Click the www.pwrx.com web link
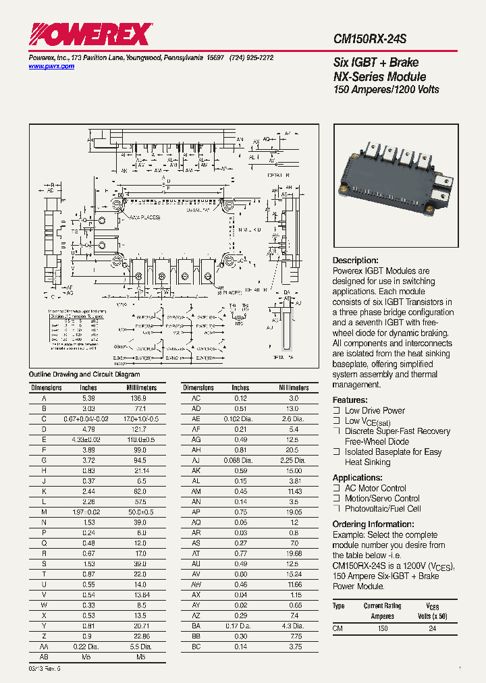[51, 67]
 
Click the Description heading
[355, 261]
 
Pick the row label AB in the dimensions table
[44, 655]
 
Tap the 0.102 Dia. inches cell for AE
[240, 419]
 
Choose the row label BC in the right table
[196, 646]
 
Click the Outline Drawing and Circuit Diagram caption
[84, 375]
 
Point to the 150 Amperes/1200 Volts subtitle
[386, 90]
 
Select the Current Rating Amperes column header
[382, 611]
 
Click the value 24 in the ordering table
[433, 628]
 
